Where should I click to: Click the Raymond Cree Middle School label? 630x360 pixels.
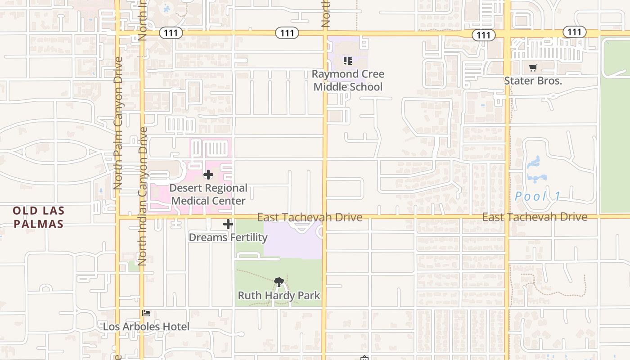point(348,80)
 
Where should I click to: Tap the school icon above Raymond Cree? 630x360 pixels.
point(347,60)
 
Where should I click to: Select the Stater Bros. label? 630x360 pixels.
point(533,81)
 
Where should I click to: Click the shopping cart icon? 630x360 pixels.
point(533,68)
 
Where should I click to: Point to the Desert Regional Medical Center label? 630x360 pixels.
point(208,194)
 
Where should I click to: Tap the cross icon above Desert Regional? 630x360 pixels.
point(208,175)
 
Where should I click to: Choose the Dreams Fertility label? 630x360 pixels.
point(228,237)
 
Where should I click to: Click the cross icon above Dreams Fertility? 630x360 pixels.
point(228,224)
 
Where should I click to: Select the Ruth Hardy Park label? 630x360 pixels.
point(279,296)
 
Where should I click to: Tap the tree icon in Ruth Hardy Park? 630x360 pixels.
point(279,283)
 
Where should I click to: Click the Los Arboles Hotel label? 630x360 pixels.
point(146,327)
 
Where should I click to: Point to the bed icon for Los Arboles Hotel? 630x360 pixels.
point(146,313)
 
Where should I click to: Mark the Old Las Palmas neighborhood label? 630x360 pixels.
point(39,217)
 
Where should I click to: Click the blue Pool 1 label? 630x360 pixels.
point(538,197)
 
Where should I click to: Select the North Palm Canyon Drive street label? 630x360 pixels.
point(118,122)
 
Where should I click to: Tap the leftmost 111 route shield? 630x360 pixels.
point(171,32)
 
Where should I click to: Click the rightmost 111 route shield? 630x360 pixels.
point(575,32)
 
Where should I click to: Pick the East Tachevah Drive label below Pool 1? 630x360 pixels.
point(535,217)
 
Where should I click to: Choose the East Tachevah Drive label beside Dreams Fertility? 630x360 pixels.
point(310,217)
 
